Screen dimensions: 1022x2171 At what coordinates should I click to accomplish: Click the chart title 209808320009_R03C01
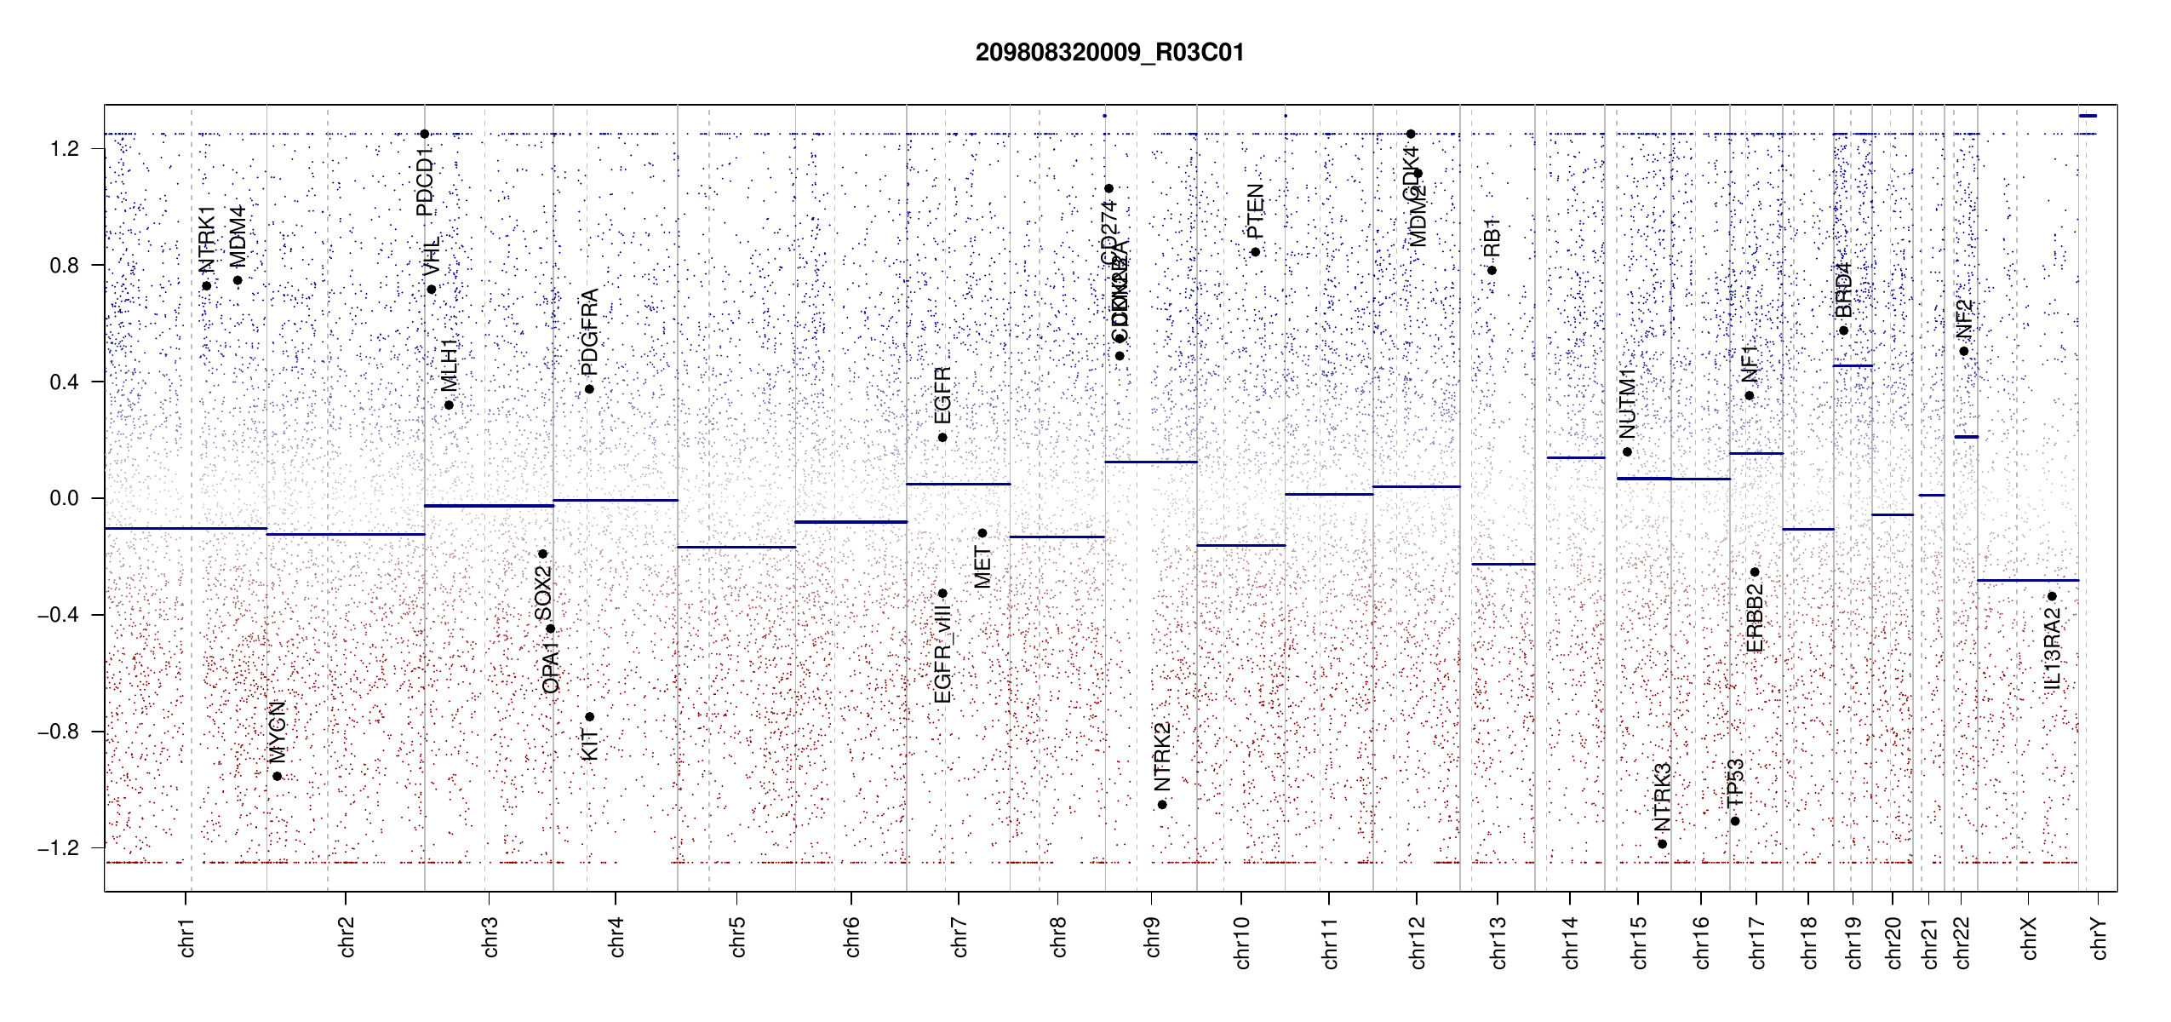pos(1109,53)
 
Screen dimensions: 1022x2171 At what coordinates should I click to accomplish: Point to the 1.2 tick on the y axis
pos(65,149)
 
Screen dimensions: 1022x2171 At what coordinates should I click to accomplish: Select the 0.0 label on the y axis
pos(65,498)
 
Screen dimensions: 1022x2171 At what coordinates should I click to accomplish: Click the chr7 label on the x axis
pos(959,937)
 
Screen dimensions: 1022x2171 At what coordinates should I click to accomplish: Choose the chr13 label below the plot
pos(1498,942)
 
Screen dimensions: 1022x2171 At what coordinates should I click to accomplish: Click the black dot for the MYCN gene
pos(277,776)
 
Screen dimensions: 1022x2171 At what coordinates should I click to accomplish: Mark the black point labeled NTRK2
pos(1162,805)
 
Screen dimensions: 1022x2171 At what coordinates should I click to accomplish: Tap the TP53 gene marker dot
pos(1735,821)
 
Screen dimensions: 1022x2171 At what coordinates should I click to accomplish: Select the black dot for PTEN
pos(1255,252)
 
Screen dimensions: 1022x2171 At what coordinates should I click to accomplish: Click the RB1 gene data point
pos(1492,271)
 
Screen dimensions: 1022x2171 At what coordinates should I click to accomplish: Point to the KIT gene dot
pos(589,717)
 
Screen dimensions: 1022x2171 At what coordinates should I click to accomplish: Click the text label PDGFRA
pos(589,332)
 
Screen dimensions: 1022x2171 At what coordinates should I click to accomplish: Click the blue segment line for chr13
pos(1503,564)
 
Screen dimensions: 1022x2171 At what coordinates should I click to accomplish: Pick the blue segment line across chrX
pos(2027,580)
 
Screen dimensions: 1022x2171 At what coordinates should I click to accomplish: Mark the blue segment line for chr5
pos(736,547)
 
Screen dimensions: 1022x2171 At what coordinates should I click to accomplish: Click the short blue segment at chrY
pos(2088,116)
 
